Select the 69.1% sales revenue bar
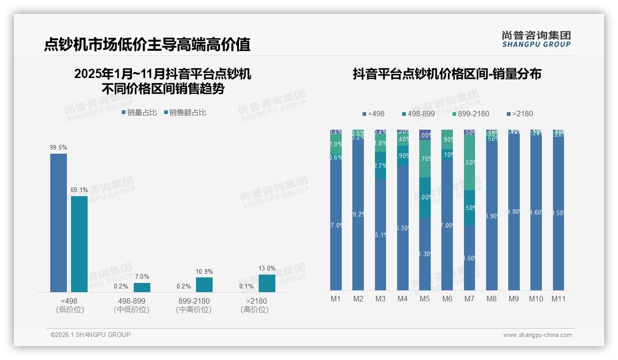pos(79,244)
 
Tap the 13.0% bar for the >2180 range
pos(267,283)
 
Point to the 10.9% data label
pos(204,272)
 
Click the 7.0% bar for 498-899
pos(142,287)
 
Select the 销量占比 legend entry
pos(139,112)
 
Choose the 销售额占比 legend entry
pos(185,112)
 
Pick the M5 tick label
pos(425,299)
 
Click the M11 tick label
pos(559,299)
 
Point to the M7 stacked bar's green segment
pos(469,162)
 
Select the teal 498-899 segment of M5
pos(425,197)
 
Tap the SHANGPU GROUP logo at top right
pos(536,39)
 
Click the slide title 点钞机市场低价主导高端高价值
pos(147,45)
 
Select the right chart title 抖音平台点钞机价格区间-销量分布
pos(447,74)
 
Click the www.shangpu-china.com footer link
pos(537,335)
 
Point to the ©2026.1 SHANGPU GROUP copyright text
pos(90,335)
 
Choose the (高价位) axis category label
pos(254,310)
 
